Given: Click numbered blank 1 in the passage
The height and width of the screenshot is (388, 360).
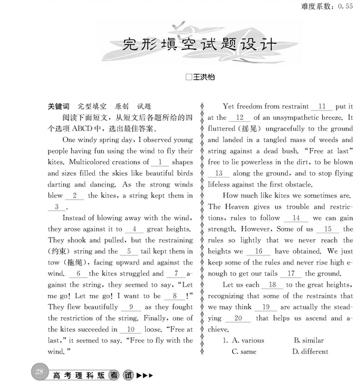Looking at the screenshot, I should (160, 162).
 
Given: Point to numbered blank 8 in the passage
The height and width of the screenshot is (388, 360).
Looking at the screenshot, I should (176, 296).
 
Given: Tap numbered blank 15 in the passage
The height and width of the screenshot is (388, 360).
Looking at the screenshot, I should (328, 229).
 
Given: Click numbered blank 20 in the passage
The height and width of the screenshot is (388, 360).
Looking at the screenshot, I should (239, 318).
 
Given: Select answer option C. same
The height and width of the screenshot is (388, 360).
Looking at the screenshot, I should (244, 352).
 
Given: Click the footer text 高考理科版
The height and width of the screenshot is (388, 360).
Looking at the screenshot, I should (78, 376).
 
